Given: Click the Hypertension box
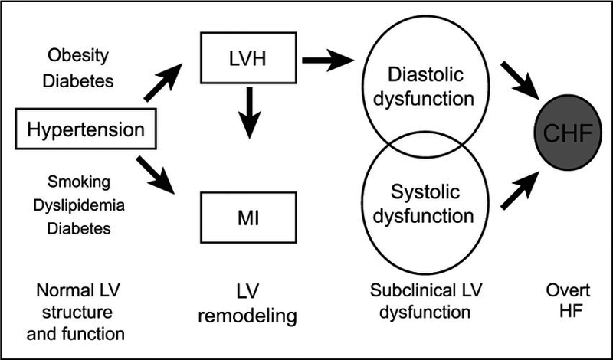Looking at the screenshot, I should coord(85,129).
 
